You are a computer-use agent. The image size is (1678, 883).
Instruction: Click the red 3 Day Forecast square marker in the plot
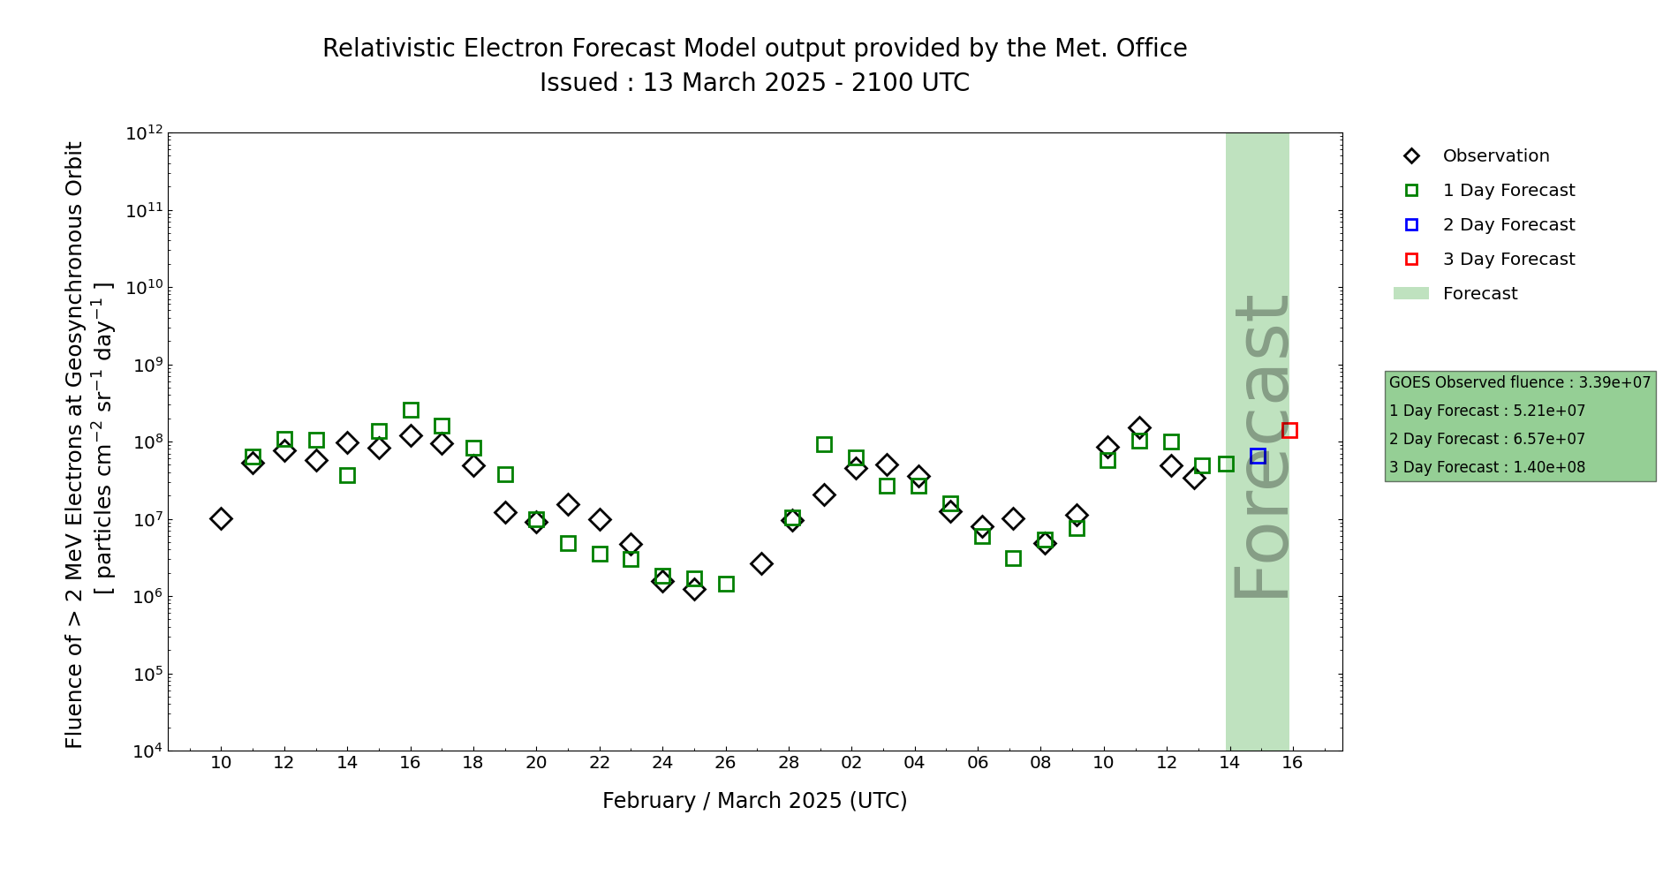[1289, 431]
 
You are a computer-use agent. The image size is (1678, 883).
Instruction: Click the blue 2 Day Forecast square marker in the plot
[1258, 457]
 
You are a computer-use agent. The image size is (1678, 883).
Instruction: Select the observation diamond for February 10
[221, 518]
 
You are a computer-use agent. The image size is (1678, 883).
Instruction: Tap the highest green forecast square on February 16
[411, 410]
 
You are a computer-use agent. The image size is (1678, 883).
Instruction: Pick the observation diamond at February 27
[761, 563]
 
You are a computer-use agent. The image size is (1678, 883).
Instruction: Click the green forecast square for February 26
[726, 584]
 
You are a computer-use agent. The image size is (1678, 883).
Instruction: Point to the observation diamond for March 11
[1139, 427]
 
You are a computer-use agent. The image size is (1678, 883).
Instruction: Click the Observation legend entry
[1495, 156]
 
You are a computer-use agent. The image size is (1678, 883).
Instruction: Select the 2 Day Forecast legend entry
[1508, 225]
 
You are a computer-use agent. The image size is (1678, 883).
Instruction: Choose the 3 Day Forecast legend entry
[1508, 260]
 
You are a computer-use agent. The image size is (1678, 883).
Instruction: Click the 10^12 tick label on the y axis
[144, 133]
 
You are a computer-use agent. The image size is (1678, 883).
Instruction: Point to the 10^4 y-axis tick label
[144, 751]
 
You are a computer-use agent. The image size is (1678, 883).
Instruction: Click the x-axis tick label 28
[789, 763]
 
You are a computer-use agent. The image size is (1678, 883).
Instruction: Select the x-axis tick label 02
[851, 763]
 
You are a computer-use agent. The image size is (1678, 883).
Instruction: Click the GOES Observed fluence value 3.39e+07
[1614, 383]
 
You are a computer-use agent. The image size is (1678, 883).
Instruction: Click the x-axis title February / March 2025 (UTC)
[754, 801]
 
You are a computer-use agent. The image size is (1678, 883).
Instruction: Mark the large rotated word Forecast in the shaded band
[1260, 446]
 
